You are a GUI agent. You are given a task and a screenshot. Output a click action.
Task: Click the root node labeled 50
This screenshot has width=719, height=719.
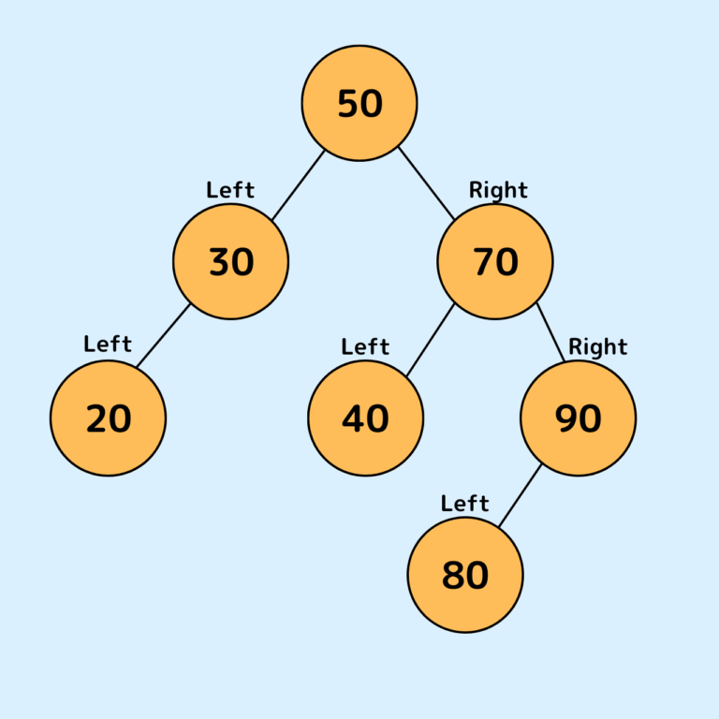359,103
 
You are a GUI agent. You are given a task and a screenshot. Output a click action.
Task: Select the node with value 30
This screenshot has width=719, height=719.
230,261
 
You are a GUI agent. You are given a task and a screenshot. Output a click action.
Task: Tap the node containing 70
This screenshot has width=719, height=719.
495,261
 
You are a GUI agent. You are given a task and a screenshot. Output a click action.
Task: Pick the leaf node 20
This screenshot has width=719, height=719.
108,418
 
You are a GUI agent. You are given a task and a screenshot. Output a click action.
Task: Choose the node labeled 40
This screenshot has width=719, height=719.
365,418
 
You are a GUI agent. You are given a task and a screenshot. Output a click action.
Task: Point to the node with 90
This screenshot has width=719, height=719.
578,418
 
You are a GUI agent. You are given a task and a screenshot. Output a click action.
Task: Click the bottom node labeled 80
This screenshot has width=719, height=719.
465,575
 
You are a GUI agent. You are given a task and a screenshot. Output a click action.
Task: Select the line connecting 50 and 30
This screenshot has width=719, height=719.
298,185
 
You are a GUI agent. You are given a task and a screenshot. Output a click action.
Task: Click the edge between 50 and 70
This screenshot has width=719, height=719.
426,183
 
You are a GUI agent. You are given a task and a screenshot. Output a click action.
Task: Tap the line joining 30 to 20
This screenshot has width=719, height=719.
164,335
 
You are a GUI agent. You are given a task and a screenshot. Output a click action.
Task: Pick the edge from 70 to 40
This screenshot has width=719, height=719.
431,341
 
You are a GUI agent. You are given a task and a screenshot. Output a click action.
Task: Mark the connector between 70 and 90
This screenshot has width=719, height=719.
550,332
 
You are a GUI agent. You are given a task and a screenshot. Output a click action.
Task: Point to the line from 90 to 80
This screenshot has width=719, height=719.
520,495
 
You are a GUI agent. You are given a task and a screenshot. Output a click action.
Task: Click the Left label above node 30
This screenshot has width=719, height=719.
230,190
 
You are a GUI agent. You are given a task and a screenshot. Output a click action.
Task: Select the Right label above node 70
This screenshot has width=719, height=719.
498,190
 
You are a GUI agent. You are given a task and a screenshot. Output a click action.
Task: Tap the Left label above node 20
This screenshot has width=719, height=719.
108,345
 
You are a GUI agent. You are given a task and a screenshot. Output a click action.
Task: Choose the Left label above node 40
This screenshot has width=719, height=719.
365,347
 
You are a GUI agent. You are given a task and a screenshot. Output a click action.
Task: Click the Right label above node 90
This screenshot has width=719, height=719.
597,347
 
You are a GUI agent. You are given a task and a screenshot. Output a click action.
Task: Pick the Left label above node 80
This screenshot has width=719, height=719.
465,504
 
